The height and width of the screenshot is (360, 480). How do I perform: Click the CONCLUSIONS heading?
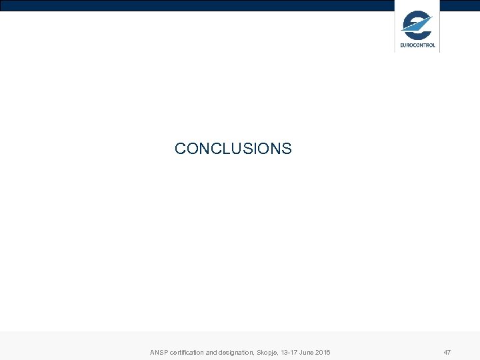233,149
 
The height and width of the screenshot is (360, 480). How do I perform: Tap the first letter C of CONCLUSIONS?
180,149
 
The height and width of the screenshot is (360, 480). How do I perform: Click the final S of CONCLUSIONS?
287,149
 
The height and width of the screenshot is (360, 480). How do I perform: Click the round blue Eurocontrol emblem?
417,26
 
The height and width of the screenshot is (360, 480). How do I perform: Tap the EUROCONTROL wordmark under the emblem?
417,45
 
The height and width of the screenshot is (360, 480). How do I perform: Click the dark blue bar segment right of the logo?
460,5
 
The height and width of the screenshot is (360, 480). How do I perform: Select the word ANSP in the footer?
159,352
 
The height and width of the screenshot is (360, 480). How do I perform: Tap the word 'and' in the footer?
213,352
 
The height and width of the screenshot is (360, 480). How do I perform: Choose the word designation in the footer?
238,352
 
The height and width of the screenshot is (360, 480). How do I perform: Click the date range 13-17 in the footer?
291,352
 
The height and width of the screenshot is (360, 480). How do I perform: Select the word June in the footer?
309,352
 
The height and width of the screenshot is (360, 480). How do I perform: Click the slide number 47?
447,352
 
